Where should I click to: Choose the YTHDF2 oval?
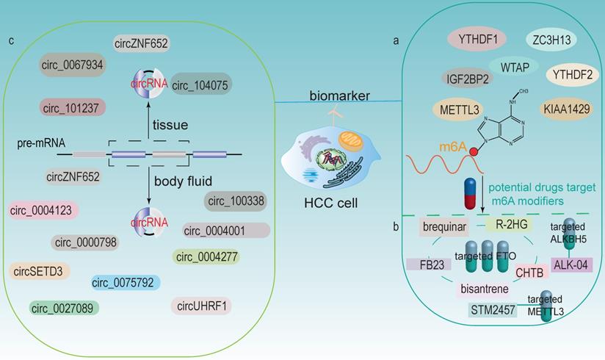pos(573,73)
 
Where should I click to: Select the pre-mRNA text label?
pos(38,144)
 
